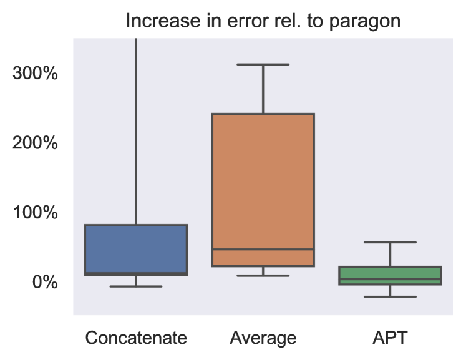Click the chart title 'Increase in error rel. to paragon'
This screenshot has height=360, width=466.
point(263,21)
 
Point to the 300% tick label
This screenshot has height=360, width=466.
point(36,74)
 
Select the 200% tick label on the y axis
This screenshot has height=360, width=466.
point(36,143)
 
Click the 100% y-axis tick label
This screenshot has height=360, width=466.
point(36,213)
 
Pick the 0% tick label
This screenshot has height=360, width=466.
point(44,282)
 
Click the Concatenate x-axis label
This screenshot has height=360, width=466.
point(136,338)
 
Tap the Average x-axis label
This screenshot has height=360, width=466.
point(263,338)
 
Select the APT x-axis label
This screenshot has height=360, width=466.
point(390,338)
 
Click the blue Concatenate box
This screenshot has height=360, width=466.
point(136,248)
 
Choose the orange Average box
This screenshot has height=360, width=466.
point(263,181)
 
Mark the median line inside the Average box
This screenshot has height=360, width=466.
point(263,249)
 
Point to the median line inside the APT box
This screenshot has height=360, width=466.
point(390,280)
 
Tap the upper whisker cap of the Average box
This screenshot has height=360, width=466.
point(263,64)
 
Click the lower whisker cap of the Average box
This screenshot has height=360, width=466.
point(263,275)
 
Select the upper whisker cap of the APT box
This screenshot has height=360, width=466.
point(390,242)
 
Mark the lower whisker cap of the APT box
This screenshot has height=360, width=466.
point(390,296)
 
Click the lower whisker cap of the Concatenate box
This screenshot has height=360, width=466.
point(136,286)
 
